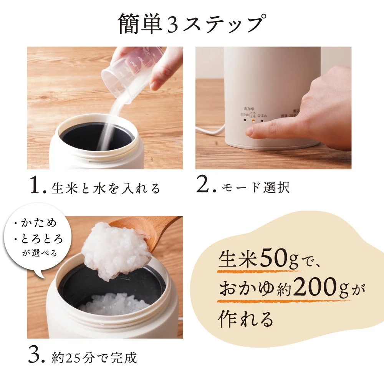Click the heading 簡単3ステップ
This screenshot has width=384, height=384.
tap(191, 24)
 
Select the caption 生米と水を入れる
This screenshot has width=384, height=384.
tap(106, 188)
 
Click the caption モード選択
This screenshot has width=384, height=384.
tap(256, 188)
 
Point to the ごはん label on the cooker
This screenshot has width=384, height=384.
tap(263, 115)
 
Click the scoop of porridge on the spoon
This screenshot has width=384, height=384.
tap(115, 250)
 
